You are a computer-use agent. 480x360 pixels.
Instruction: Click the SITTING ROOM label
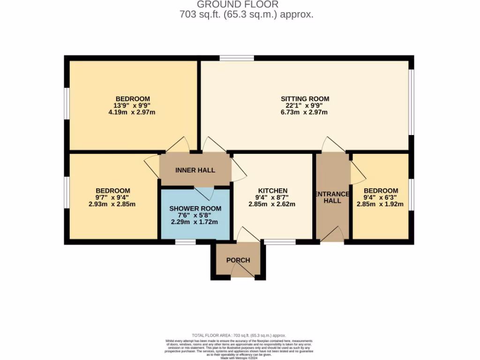coord(305,99)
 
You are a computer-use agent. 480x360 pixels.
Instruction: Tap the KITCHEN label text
coord(272,191)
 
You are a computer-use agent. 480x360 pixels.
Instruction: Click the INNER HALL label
coord(195,170)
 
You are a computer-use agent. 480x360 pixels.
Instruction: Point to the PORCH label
coord(238,260)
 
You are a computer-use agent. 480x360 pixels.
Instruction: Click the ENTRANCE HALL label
coord(332,197)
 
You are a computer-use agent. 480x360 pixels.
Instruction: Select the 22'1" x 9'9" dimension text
coord(305,105)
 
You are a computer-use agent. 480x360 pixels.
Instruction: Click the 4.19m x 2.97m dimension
coord(133,112)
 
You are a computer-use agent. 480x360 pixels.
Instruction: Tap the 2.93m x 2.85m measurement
coord(112,204)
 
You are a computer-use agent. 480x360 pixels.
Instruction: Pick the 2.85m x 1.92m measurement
coord(380,204)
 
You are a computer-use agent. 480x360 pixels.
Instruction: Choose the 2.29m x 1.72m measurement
coord(195,222)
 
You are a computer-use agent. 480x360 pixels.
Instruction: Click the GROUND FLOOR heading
coord(237,5)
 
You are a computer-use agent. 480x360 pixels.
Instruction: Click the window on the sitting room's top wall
coord(237,58)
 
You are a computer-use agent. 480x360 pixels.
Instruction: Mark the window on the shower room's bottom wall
coord(185,242)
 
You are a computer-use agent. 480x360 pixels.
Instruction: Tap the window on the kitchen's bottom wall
coord(280,242)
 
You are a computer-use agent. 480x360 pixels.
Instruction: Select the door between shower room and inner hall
coord(204,192)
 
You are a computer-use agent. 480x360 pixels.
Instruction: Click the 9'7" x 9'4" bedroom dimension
coord(112,197)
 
